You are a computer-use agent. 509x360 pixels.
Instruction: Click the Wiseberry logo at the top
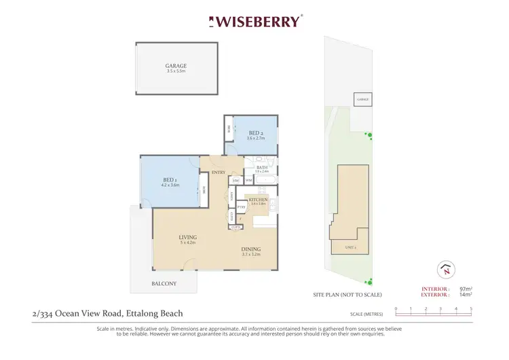tap(254, 21)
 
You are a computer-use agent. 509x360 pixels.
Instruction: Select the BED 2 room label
tap(255, 133)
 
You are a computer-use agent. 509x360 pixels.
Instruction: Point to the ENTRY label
tap(219, 173)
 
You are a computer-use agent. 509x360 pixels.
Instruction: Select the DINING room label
tap(251, 249)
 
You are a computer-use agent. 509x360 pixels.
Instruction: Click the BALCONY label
tap(164, 283)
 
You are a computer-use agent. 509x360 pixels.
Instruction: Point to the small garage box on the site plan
tap(363, 100)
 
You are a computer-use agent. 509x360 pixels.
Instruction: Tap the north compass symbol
tap(445, 269)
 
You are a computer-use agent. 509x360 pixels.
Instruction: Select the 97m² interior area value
tap(466, 289)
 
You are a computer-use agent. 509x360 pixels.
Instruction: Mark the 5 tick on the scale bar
tap(471, 309)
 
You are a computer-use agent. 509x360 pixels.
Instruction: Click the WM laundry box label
tap(248, 180)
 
